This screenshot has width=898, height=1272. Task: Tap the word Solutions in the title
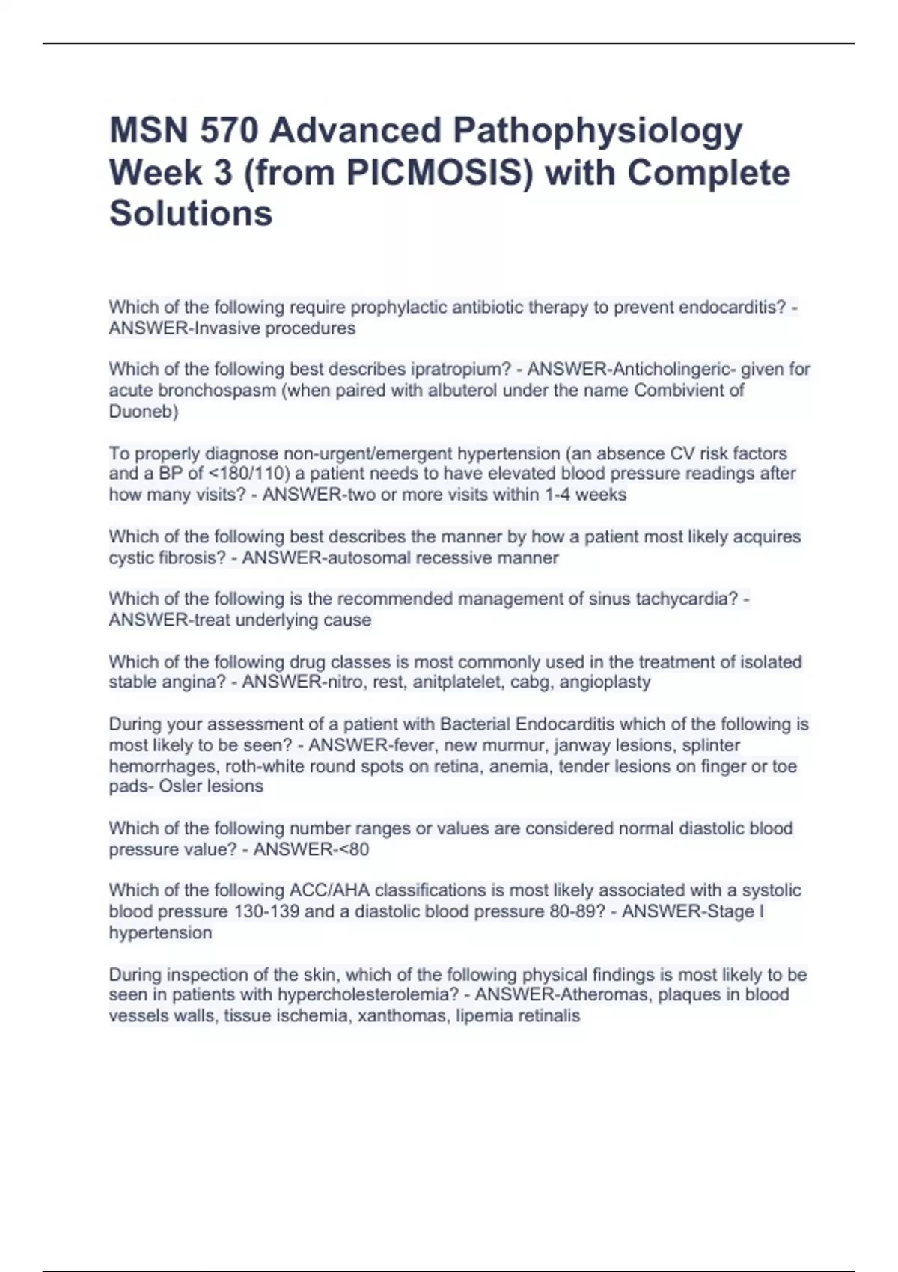[x=191, y=213]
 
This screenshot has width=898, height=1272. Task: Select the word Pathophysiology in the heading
[x=597, y=131]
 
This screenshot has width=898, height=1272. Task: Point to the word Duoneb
[x=141, y=411]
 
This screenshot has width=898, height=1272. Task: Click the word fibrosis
[x=192, y=557]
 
